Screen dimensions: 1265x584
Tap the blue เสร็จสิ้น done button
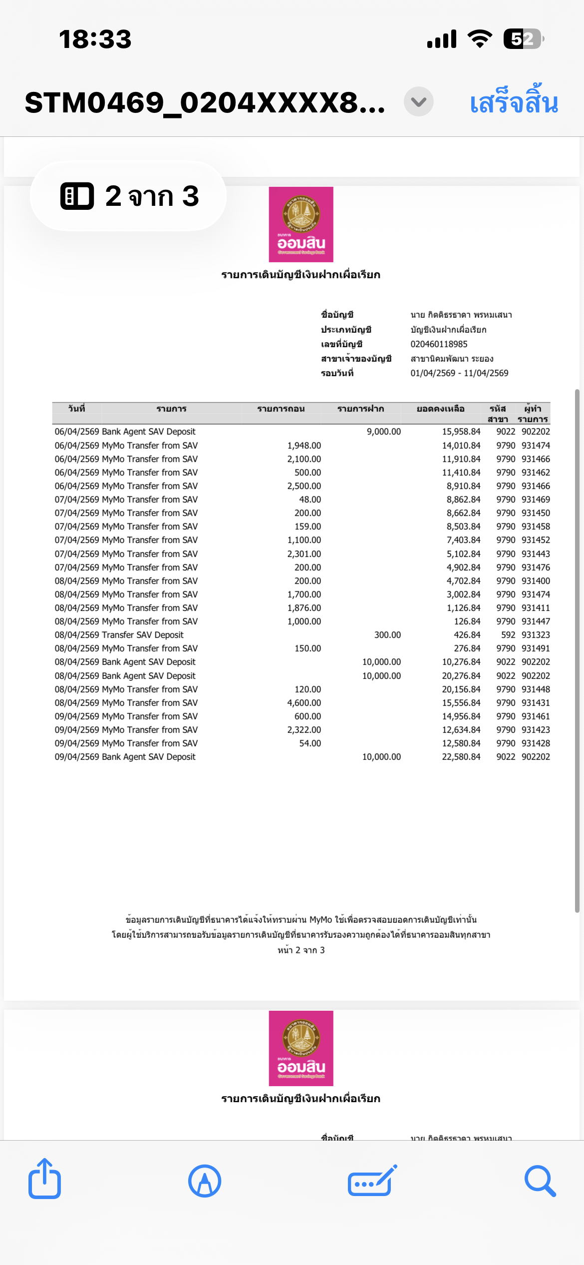514,102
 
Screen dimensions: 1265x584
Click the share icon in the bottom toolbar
44,1180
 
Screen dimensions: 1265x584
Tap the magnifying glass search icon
540,1181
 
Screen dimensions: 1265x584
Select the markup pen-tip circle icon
205,1181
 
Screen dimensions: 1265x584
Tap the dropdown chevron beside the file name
418,102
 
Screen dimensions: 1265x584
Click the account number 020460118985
439,344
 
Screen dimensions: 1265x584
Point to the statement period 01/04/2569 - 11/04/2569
459,373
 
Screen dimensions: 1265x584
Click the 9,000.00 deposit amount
383,432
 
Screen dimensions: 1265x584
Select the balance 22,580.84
461,757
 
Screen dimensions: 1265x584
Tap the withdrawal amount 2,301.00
304,554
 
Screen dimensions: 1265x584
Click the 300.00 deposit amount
387,635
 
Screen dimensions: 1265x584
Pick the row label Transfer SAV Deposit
143,635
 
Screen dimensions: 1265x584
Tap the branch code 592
508,635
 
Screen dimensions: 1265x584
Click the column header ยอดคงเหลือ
440,409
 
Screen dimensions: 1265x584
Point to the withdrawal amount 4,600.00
304,703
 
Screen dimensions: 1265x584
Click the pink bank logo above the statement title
301,224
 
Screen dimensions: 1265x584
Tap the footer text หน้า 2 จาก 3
301,950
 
